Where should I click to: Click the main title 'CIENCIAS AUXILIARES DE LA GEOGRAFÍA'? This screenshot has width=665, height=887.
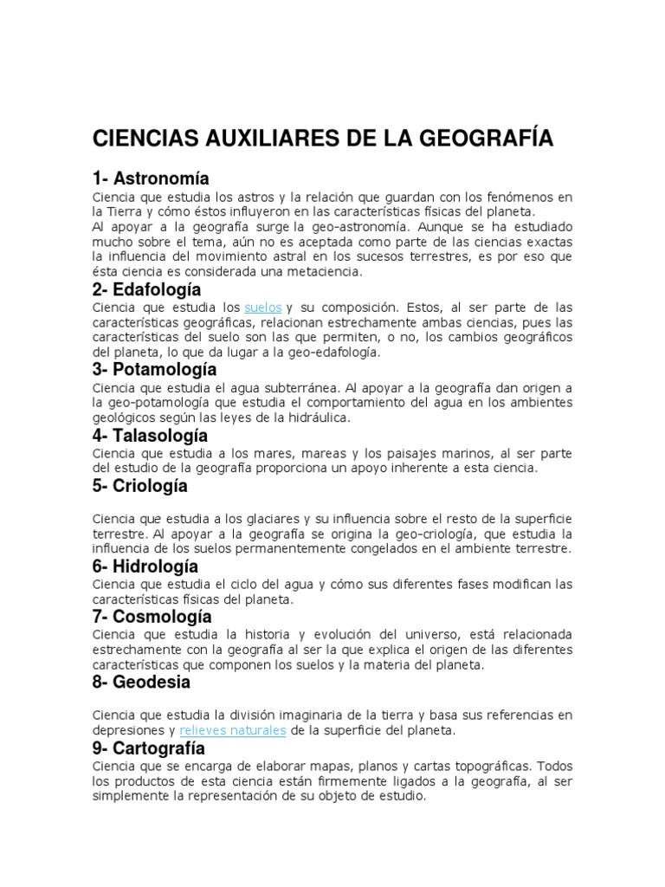click(322, 139)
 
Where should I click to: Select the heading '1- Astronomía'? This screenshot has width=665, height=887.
click(151, 179)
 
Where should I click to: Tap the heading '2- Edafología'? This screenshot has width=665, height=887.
click(147, 289)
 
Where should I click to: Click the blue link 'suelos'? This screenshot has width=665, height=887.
click(263, 308)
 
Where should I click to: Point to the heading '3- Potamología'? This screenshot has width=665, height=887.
click(154, 370)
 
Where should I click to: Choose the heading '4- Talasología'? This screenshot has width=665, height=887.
click(150, 434)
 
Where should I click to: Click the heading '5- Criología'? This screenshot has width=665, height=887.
click(139, 486)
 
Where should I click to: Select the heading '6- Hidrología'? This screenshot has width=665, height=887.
click(145, 567)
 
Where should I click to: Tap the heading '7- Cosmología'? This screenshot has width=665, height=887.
click(152, 618)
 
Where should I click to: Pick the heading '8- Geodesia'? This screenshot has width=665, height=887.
click(141, 682)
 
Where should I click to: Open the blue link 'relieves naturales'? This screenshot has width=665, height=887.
click(233, 730)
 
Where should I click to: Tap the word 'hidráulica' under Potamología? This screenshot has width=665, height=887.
click(320, 417)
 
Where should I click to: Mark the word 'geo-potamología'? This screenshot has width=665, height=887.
click(158, 403)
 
